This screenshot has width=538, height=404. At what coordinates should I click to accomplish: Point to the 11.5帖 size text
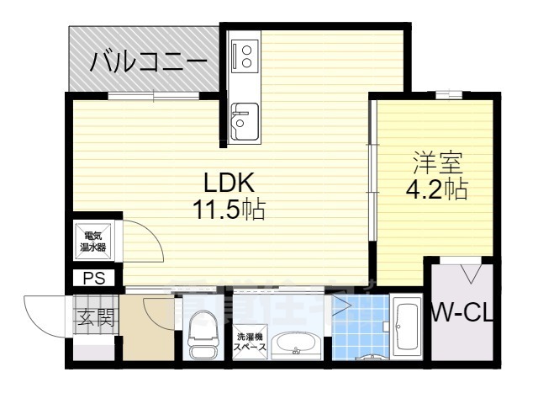click(x=229, y=208)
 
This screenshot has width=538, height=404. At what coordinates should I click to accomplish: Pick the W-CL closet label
click(x=463, y=314)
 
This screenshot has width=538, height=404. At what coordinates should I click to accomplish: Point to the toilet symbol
click(x=202, y=336)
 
